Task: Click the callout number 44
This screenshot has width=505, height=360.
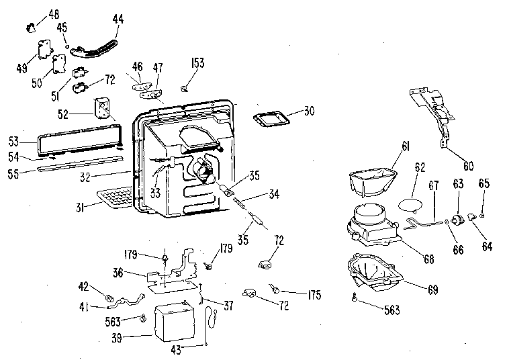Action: click(x=118, y=19)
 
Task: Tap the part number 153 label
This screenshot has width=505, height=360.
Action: click(x=197, y=62)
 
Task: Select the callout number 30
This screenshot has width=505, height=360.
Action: click(x=309, y=111)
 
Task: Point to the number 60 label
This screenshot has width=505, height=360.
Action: click(x=468, y=166)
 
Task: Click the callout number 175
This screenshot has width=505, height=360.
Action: click(x=314, y=295)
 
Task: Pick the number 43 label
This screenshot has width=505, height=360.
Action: click(x=176, y=350)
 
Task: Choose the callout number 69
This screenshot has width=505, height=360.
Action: click(x=433, y=289)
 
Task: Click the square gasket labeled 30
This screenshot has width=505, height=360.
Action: click(x=271, y=119)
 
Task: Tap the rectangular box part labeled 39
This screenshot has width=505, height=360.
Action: click(x=175, y=322)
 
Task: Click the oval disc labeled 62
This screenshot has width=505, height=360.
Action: click(x=410, y=205)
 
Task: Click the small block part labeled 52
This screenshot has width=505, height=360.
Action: click(x=102, y=108)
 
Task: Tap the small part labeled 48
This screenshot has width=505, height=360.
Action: click(x=32, y=28)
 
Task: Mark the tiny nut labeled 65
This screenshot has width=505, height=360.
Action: click(x=482, y=216)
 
